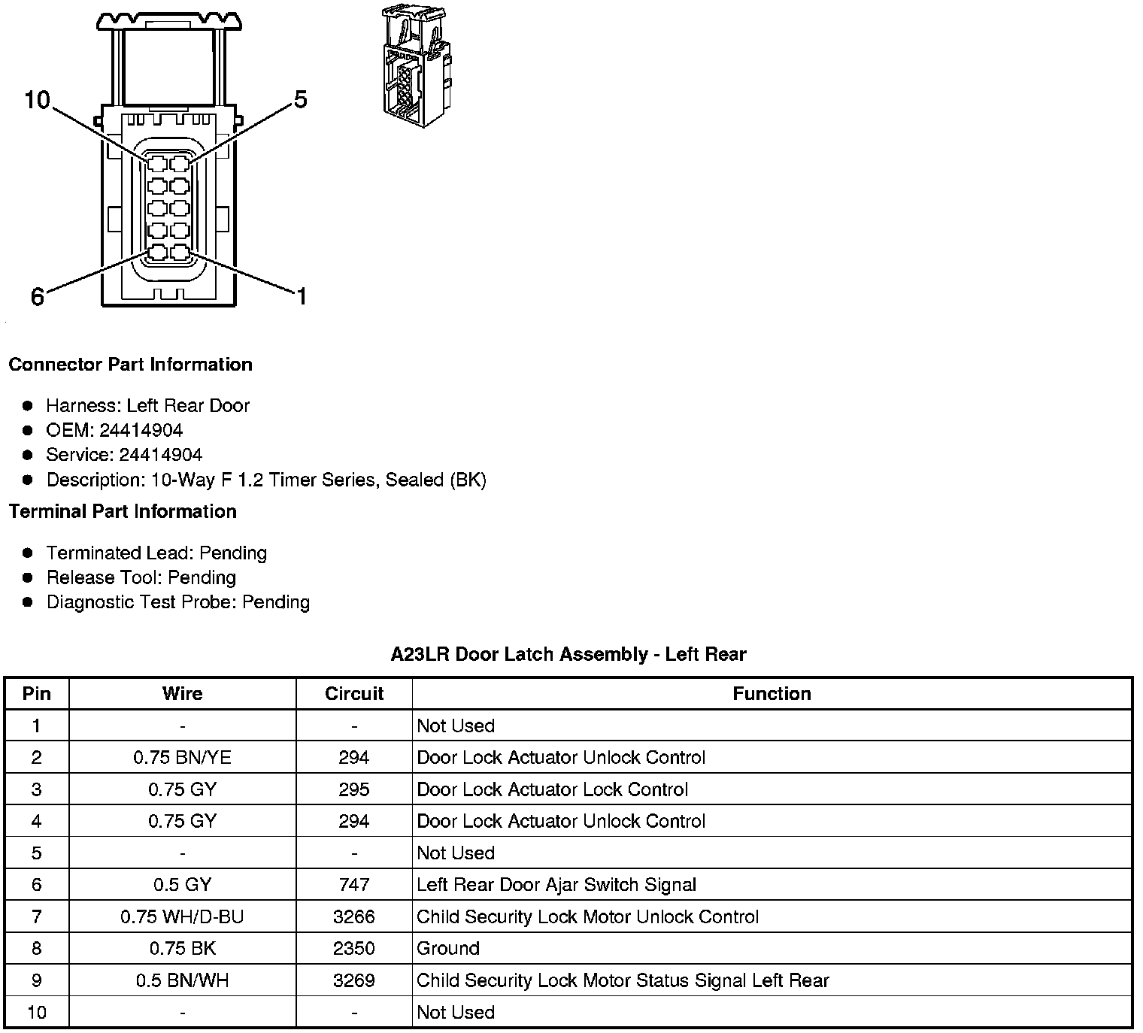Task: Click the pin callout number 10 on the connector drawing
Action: [37, 100]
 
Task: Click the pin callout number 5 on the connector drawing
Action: [301, 100]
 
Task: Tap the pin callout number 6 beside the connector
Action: [38, 297]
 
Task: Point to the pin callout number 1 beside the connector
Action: [302, 297]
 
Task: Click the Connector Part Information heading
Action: [130, 365]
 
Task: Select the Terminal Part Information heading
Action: [123, 512]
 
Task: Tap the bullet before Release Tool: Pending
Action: [28, 577]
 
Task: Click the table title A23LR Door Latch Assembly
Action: [568, 654]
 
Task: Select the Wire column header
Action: [182, 693]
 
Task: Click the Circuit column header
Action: [353, 693]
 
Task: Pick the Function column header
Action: [772, 693]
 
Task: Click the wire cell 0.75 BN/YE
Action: [182, 757]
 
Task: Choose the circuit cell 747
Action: [353, 885]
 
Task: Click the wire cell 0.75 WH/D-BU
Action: [182, 916]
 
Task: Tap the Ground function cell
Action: [448, 949]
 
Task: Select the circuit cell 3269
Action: [353, 980]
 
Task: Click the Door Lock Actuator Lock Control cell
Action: [552, 789]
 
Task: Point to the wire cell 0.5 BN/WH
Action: [182, 980]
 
